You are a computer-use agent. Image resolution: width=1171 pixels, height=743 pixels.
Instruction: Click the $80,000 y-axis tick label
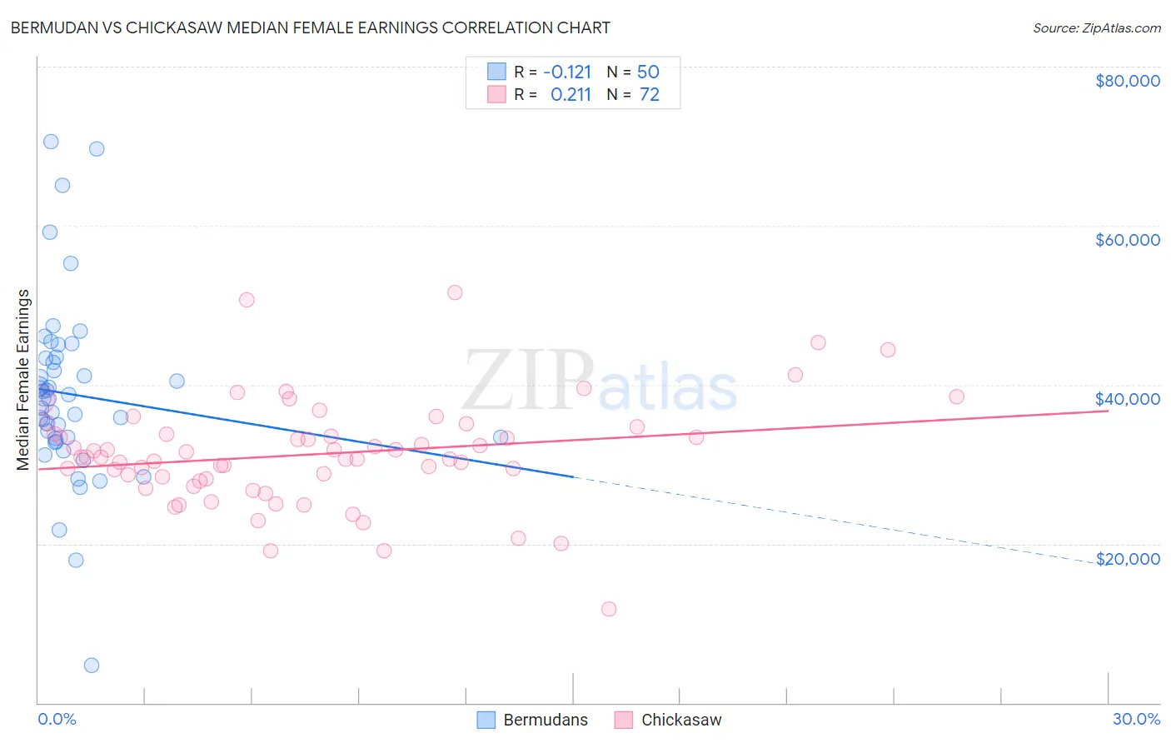pos(1127,81)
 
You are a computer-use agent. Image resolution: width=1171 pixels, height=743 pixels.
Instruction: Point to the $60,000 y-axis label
pos(1127,240)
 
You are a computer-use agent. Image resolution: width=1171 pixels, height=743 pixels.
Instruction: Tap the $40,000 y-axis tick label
pos(1127,399)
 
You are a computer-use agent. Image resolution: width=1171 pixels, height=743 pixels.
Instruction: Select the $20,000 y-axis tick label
pos(1127,559)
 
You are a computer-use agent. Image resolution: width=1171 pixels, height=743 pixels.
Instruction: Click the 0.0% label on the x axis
pos(57,719)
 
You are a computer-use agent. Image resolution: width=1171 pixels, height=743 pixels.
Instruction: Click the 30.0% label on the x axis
pos(1136,719)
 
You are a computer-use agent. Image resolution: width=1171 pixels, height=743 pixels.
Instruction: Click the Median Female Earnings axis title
pos(23,380)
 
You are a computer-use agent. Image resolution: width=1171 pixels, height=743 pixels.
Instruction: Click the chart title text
pos(311,27)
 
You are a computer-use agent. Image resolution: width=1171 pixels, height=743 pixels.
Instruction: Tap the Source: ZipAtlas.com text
pos(1096,28)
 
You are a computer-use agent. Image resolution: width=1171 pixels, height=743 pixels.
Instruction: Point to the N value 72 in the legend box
pos(650,95)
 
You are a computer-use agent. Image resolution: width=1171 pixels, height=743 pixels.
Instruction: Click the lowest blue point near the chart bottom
pos(92,666)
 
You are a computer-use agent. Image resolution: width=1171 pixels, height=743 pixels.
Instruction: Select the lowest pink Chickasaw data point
pos(609,609)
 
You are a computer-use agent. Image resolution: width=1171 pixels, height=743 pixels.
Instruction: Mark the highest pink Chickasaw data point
pos(455,292)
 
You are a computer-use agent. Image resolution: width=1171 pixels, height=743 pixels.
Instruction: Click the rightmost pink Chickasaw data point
pos(956,396)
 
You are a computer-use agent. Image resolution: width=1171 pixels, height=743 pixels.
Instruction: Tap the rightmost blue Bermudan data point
pos(501,437)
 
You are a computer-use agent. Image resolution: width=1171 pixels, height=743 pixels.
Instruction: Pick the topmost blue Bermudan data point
pos(51,142)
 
